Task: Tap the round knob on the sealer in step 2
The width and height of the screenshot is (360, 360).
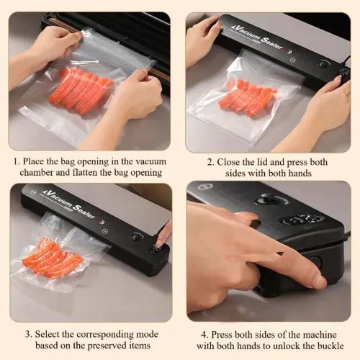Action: point(323,63)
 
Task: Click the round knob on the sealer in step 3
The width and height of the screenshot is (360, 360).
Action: point(136,237)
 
